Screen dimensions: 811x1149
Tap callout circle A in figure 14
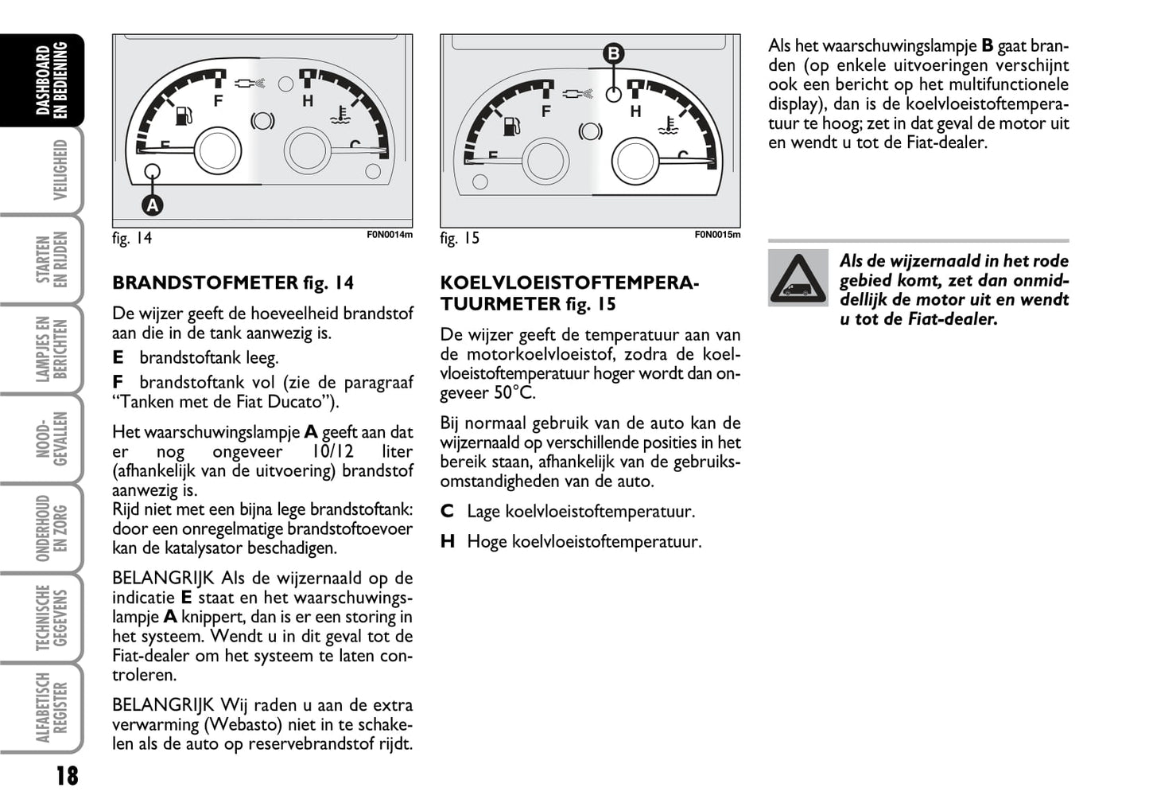tap(152, 205)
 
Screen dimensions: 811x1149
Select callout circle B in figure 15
tap(614, 54)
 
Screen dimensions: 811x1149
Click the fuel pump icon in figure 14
tap(183, 116)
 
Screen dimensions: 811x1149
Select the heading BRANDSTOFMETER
tap(205, 283)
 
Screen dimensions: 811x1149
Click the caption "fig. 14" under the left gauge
tap(132, 238)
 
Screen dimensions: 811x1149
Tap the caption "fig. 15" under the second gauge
tap(460, 238)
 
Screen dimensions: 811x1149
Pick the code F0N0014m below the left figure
tap(390, 235)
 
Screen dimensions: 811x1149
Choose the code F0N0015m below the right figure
tap(717, 235)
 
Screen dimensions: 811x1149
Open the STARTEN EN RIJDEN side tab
tap(52, 259)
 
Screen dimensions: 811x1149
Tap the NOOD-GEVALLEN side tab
tap(52, 439)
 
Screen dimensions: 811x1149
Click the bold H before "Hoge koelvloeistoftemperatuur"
tap(448, 542)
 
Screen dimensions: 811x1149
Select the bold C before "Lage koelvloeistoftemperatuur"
tap(447, 512)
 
